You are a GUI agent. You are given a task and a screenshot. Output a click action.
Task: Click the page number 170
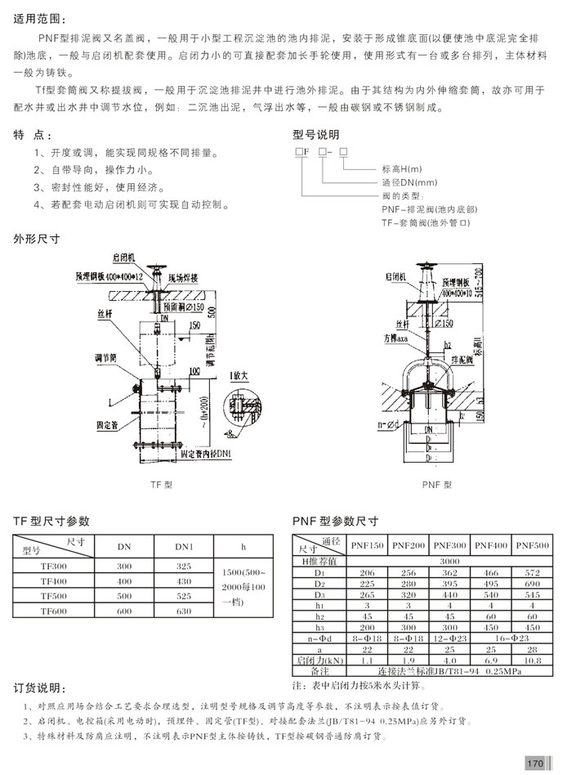[x=535, y=763]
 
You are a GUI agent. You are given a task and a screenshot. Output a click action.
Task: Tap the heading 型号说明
[x=316, y=134]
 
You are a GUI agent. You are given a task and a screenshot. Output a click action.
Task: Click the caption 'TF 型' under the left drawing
[x=159, y=485]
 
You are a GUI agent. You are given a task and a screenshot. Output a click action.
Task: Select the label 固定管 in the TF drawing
[x=112, y=425]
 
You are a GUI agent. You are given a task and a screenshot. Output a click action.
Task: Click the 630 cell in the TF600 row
[x=184, y=611]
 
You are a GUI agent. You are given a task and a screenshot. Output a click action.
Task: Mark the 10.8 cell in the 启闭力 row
[x=534, y=659]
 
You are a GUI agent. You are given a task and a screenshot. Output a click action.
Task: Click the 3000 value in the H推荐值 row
[x=450, y=562]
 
